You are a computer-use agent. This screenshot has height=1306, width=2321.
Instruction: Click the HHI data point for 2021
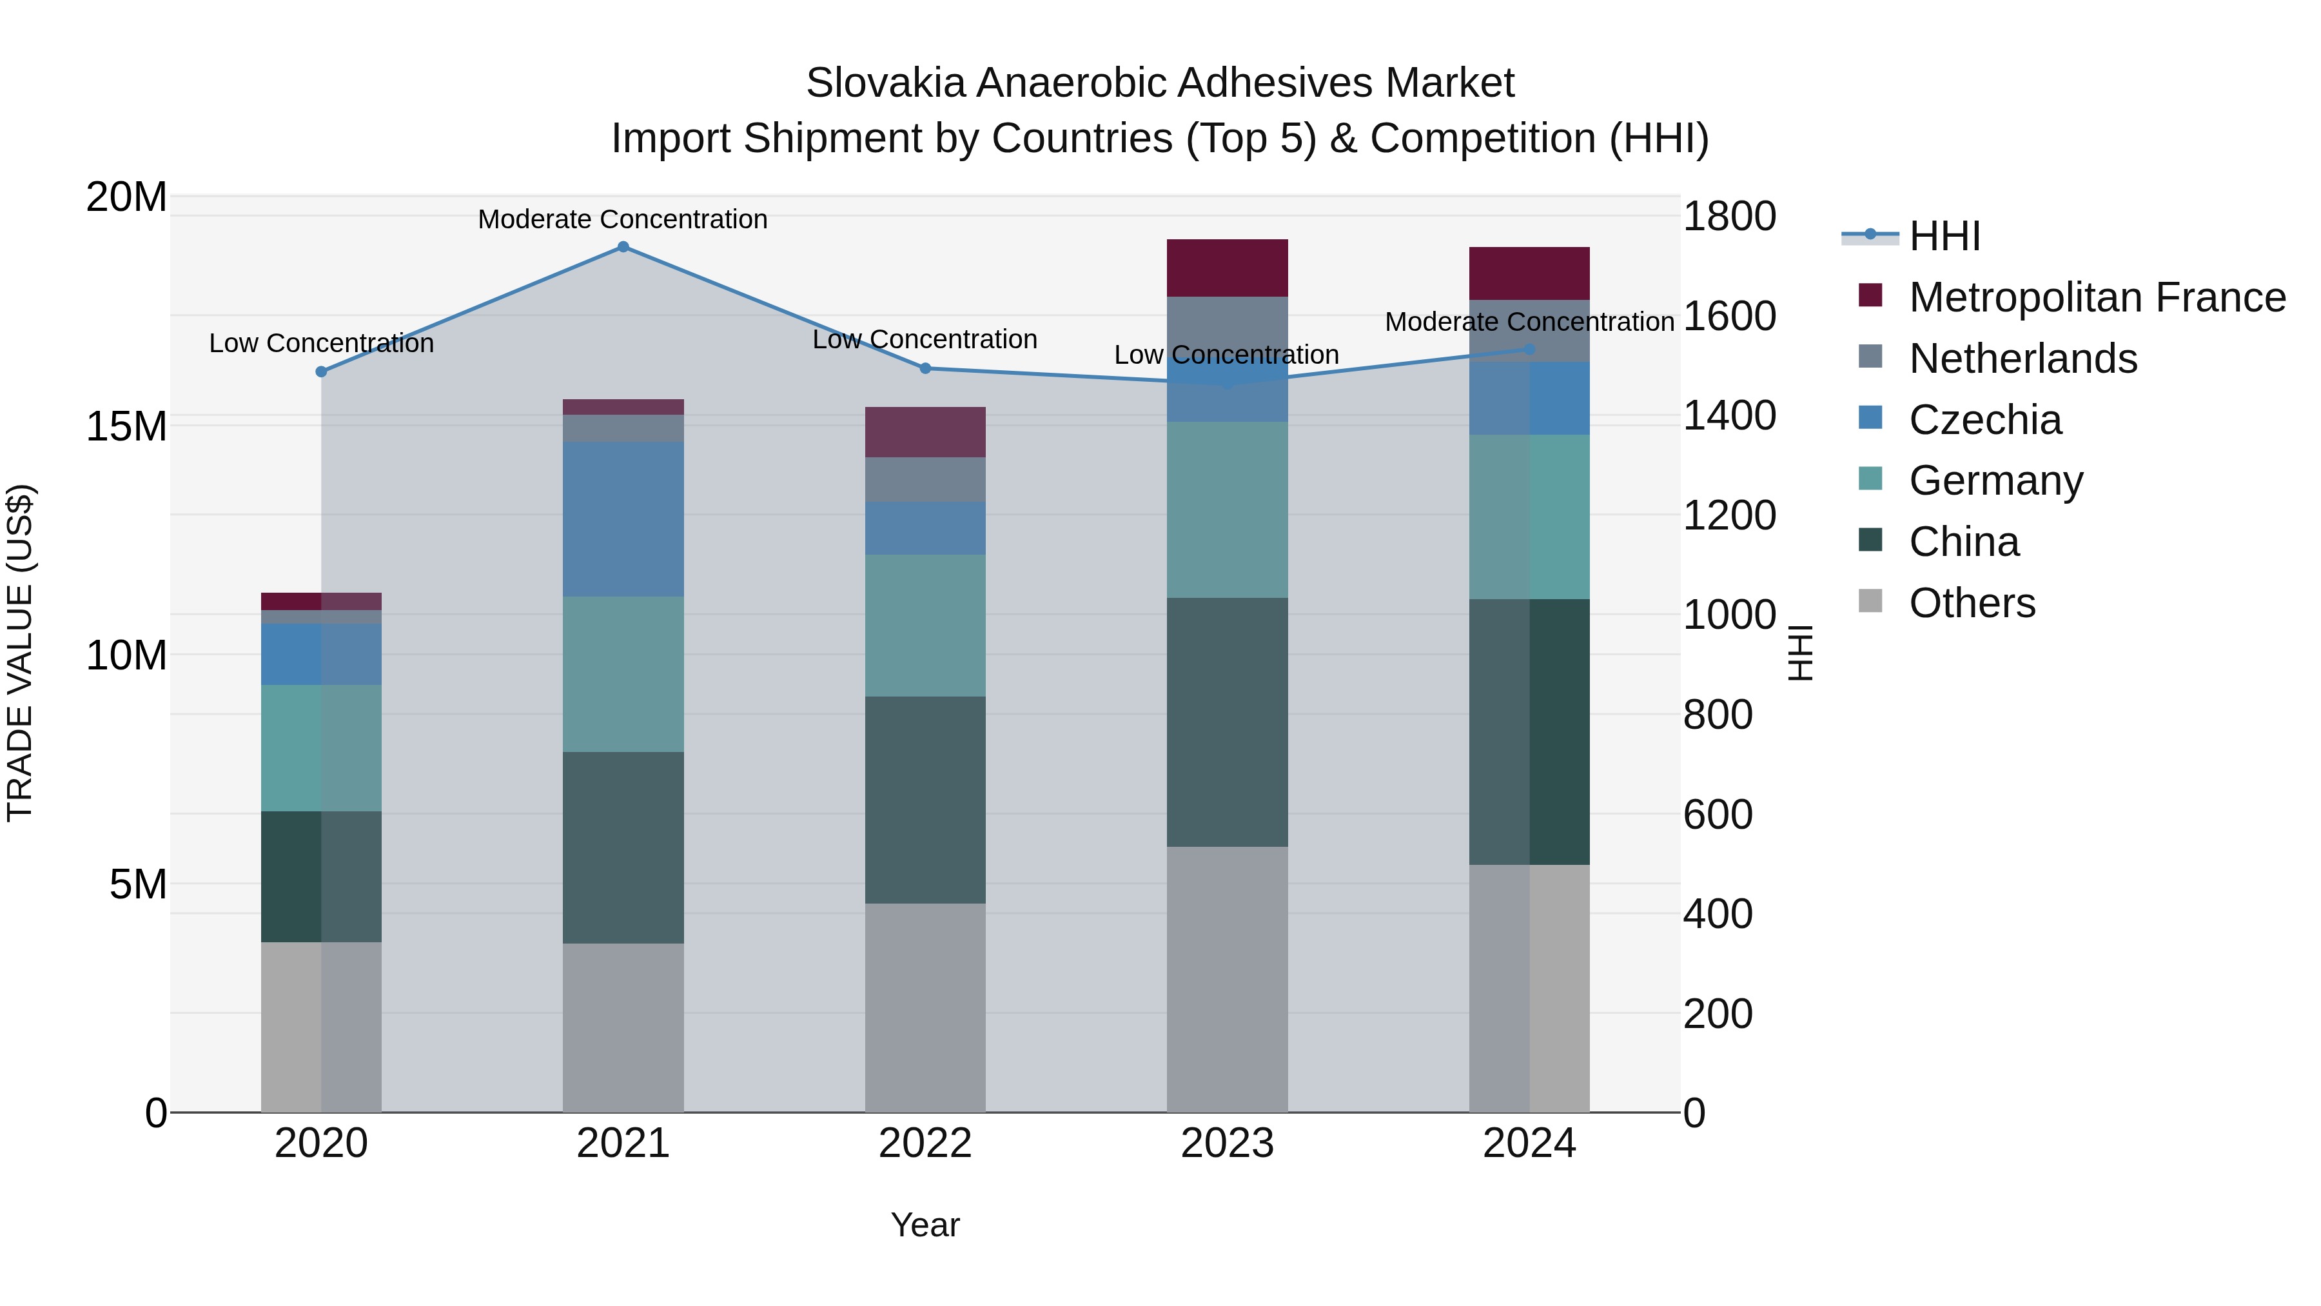(x=623, y=246)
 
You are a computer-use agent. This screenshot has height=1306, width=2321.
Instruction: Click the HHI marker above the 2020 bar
(x=321, y=371)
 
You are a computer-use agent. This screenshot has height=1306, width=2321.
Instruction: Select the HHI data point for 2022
(x=925, y=368)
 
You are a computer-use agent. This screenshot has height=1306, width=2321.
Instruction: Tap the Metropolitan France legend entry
(x=2097, y=297)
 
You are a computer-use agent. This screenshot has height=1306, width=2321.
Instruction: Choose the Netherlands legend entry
(x=2022, y=359)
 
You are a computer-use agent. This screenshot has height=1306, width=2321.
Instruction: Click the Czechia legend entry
(x=1985, y=420)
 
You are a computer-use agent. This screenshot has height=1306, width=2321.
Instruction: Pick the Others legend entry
(x=1972, y=603)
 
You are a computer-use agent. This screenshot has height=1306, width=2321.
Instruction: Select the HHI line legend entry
(x=1944, y=236)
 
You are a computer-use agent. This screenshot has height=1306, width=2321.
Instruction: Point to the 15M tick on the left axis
(x=126, y=426)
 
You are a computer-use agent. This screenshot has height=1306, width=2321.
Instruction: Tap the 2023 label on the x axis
(x=1226, y=1143)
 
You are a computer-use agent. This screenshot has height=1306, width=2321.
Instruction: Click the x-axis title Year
(x=925, y=1225)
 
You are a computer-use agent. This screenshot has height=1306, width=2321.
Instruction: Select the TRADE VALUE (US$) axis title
(x=20, y=653)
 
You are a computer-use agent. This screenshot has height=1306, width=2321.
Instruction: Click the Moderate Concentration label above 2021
(x=623, y=219)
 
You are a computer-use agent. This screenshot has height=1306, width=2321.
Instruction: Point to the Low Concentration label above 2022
(x=925, y=340)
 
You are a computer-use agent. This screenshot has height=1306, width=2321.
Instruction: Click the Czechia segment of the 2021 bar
(x=623, y=519)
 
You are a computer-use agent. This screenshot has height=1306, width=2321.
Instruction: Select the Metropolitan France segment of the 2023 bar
(x=1226, y=268)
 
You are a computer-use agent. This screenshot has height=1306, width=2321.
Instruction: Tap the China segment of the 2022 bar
(x=925, y=800)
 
